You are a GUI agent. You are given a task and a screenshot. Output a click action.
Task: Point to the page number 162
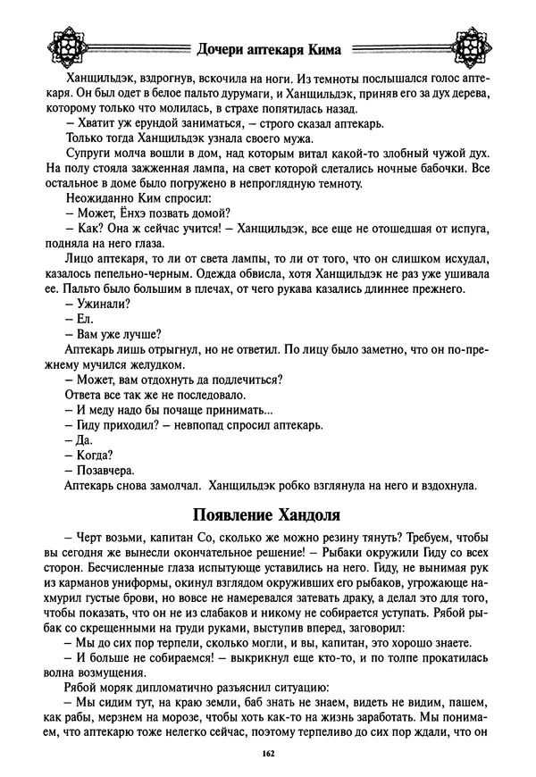(x=268, y=755)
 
